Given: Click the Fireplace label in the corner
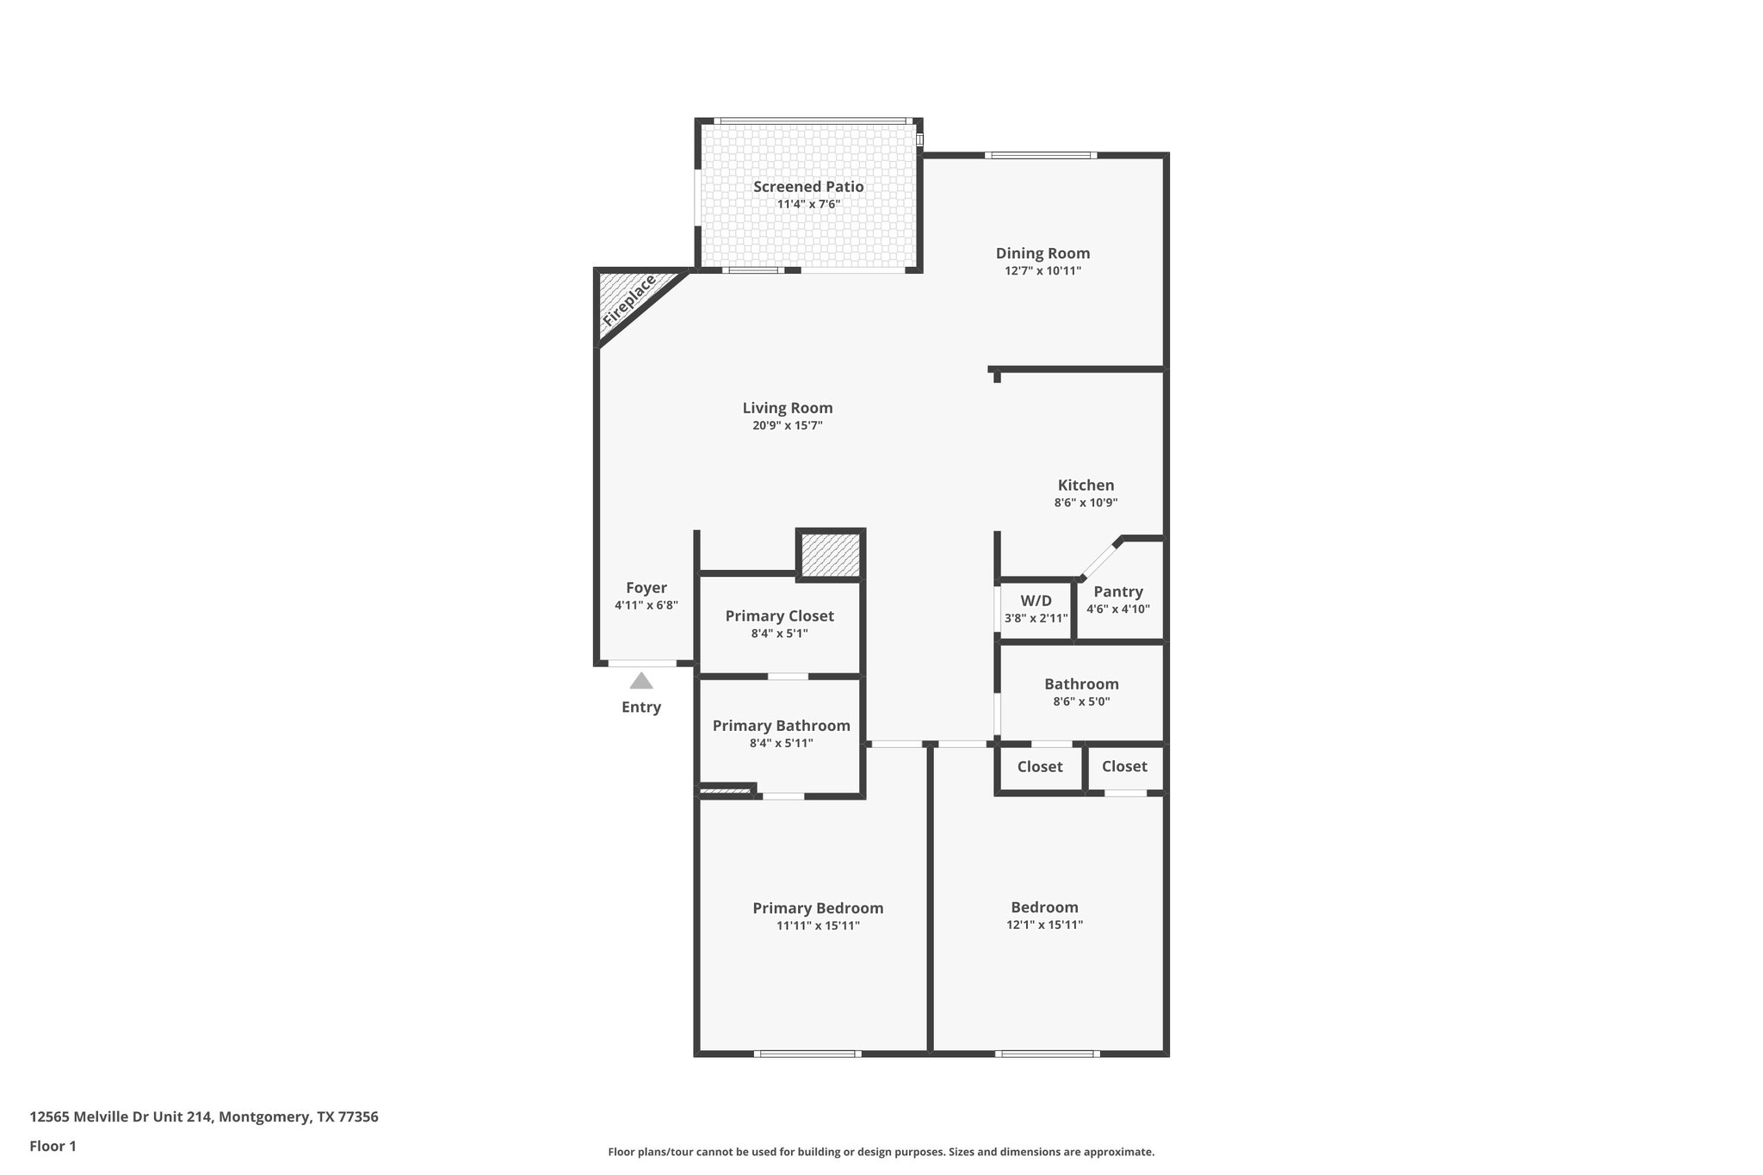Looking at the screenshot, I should pos(629,300).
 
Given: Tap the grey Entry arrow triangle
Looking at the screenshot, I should pos(640,681).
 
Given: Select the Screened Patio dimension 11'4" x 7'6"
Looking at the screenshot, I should pos(808,205).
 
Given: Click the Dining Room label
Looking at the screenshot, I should pos(1042,253).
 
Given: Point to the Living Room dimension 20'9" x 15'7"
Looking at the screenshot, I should pos(787,425).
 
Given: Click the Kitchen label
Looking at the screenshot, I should pos(1086,485).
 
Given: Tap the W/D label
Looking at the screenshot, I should pos(1036,600).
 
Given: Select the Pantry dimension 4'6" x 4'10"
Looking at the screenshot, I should pos(1117,609).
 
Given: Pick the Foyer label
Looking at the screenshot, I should pos(646,587).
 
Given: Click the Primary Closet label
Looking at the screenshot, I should pos(779,615).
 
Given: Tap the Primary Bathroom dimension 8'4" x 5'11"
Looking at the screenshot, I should pos(781,743).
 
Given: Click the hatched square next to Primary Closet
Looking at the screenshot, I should pos(831,555).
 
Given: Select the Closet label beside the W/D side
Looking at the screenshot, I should pos(1039,766).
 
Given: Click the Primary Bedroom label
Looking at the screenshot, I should pos(818,908).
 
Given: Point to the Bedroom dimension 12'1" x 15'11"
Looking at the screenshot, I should pos(1044,925).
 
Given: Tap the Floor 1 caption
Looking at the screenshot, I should pos(53,1146).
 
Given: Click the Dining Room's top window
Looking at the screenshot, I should pos(1041,156).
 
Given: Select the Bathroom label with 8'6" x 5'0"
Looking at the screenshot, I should pos(1081,684).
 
